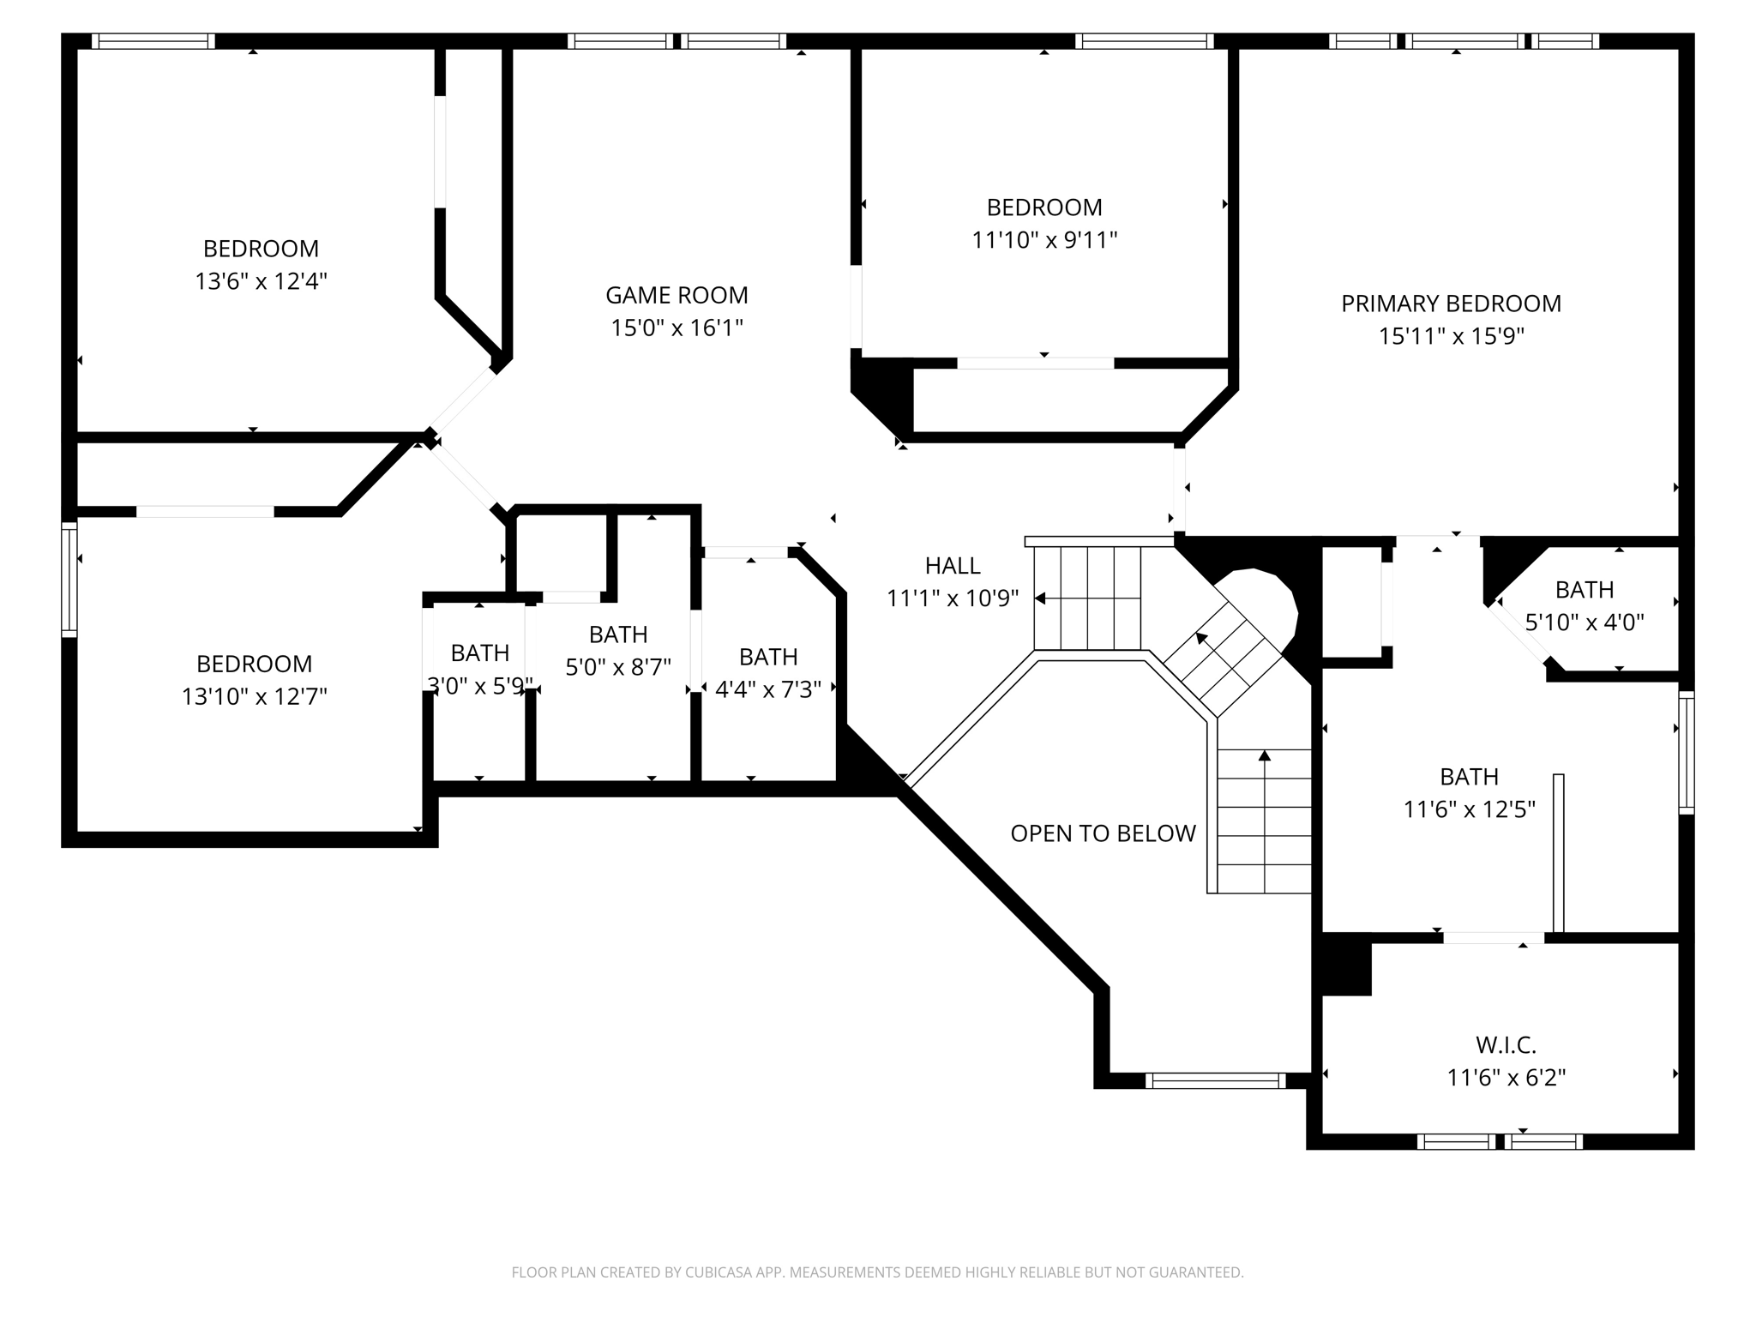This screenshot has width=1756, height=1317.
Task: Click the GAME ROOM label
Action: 677,295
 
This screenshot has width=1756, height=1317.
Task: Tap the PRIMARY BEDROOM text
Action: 1451,304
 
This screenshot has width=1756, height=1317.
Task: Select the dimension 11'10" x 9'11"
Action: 1044,240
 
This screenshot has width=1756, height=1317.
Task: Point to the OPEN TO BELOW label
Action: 1103,833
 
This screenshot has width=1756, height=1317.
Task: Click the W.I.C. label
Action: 1506,1044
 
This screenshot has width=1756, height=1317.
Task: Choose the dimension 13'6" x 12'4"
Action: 261,281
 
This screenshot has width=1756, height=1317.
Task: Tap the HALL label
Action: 953,565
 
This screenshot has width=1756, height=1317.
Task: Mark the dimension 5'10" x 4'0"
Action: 1585,622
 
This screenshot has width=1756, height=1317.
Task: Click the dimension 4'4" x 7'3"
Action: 768,689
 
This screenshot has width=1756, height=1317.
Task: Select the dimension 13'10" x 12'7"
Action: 254,696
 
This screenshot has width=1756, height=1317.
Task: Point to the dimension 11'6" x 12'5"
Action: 1469,809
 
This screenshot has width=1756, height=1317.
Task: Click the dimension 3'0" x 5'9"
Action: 480,685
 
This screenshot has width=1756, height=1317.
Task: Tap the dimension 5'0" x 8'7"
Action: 618,667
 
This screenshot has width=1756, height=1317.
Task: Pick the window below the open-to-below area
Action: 1215,1080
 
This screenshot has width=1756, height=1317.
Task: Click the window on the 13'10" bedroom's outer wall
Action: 69,580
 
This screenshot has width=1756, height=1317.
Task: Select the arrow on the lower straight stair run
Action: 1264,755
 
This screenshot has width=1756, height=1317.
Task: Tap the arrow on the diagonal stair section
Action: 1202,639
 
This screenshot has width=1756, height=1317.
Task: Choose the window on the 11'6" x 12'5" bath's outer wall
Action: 1686,752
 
